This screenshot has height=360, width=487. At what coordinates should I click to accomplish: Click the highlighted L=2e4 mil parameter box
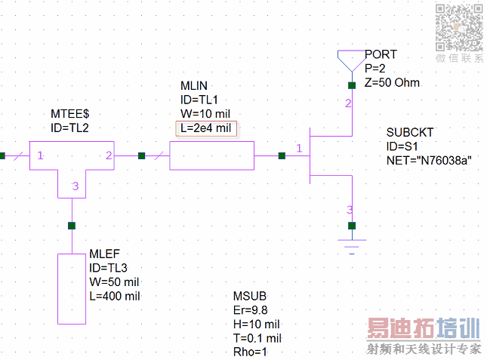click(x=206, y=128)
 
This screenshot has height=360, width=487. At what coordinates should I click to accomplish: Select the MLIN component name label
click(x=194, y=85)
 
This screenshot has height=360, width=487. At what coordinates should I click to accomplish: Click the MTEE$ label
click(x=70, y=113)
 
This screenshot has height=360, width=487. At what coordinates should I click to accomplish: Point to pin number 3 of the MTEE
click(x=75, y=186)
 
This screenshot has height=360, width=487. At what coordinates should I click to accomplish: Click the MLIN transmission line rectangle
click(x=211, y=157)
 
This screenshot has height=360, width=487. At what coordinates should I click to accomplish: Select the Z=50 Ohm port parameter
click(x=392, y=83)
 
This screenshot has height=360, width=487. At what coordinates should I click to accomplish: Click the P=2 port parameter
click(x=377, y=69)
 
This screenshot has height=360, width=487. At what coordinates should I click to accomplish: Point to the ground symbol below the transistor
click(x=351, y=244)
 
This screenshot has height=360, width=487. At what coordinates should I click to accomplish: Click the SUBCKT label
click(x=410, y=132)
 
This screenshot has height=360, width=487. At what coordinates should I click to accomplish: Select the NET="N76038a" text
click(x=428, y=160)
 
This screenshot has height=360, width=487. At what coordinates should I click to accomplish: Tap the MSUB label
click(x=251, y=296)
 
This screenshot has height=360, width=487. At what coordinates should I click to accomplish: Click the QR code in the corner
click(x=458, y=27)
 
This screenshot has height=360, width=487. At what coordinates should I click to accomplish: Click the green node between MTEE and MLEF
click(x=72, y=225)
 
